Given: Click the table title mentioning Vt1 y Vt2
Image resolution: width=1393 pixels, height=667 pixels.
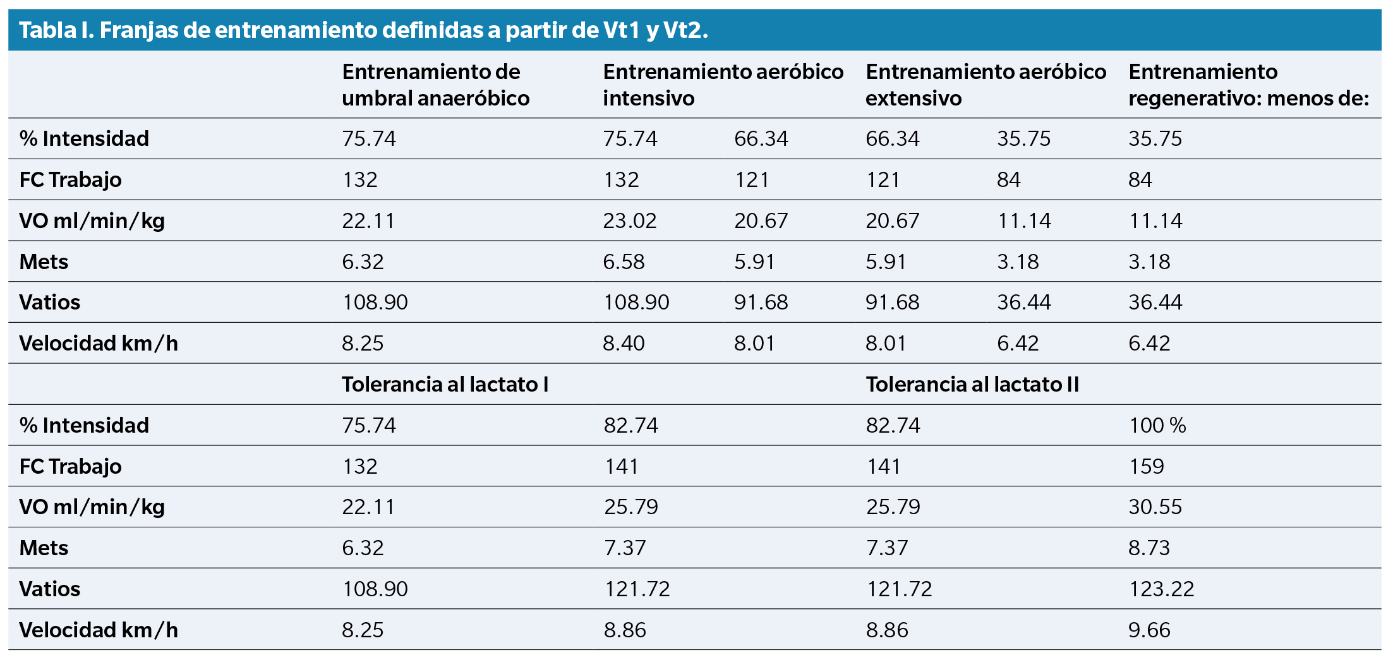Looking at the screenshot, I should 363,30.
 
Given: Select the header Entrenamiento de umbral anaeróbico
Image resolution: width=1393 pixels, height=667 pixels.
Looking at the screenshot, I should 435,85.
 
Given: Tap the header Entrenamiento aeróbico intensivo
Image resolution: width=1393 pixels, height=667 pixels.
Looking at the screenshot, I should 723,85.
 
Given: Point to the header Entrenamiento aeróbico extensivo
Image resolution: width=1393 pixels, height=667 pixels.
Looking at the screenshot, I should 986,85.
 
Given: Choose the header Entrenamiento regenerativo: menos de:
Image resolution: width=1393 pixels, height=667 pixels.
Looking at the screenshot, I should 1248,85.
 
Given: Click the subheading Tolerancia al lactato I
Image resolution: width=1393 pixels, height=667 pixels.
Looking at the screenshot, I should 445,384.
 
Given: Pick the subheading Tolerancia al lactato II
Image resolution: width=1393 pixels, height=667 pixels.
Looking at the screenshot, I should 972,384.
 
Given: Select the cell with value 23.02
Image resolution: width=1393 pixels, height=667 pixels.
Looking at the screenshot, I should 630,220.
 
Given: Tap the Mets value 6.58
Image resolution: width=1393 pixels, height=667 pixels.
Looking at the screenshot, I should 624,261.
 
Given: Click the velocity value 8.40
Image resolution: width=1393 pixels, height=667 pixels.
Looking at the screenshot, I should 624,343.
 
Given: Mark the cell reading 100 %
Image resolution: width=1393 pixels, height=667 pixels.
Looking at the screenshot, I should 1157,425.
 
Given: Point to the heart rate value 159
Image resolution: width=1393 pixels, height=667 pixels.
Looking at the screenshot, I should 1146,466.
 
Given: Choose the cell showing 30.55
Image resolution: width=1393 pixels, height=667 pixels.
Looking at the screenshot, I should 1155,507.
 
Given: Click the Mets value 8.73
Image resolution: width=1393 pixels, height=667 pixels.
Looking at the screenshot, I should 1149,548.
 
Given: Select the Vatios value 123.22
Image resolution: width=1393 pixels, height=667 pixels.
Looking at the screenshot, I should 1161,589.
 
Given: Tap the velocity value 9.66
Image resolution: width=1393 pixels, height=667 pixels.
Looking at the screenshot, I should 1149,630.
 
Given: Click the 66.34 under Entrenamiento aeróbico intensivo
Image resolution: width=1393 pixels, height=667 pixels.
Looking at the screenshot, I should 761,138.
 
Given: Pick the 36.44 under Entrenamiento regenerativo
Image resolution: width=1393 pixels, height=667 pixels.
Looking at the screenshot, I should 1155,302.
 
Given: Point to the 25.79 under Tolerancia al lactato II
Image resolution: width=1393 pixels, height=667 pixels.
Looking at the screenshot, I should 893,507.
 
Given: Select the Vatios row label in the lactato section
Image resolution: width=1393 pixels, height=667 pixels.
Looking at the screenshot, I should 50,589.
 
